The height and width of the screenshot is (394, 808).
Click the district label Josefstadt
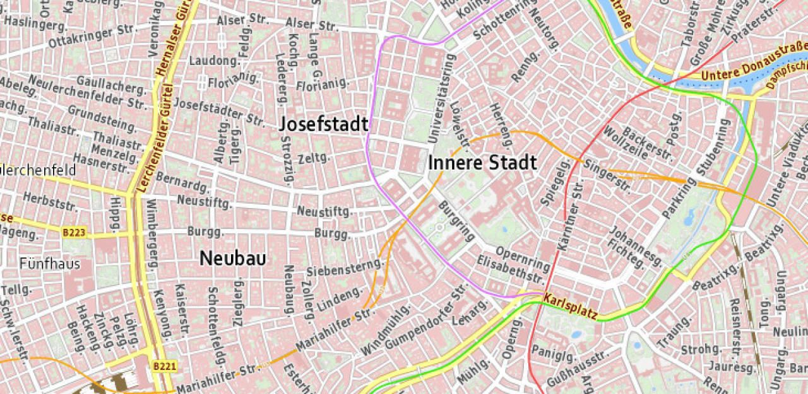pos(324,124)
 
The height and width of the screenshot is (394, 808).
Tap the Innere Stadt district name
pos(482,163)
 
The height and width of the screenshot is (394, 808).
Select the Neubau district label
pos(232,258)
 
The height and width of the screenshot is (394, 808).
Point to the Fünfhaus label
pos(50,263)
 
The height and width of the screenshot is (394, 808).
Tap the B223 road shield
pos(74,233)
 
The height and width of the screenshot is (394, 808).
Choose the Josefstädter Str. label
pos(219,110)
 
